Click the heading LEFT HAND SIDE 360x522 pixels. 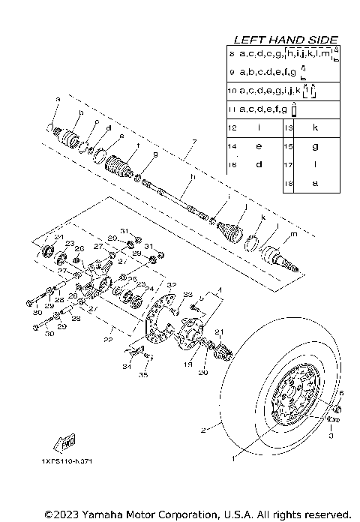(x=286, y=39)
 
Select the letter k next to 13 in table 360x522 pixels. (x=314, y=128)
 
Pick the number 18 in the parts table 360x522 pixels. (x=288, y=182)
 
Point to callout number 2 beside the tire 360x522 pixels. (x=202, y=430)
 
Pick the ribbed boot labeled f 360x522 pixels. (x=120, y=166)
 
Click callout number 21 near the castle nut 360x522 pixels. (x=218, y=331)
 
